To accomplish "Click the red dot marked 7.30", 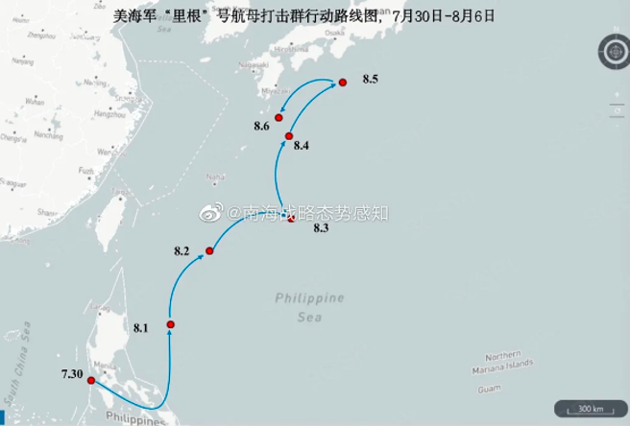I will point(91,381).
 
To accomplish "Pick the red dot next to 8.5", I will point(342,83).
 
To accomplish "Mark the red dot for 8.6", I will point(279,118).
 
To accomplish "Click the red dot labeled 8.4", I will point(288,136).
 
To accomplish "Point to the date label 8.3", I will point(321,227).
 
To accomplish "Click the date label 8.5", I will point(371,79).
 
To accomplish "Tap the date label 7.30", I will point(71,371).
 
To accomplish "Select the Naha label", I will point(216,177).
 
